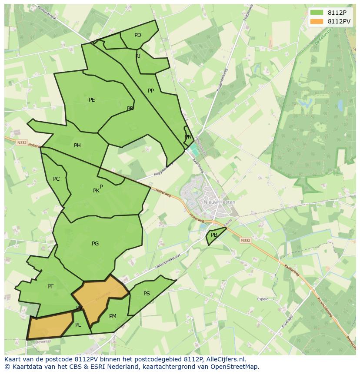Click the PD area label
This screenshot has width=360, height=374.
(138, 35)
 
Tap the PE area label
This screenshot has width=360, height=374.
(92, 100)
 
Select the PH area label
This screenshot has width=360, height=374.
(77, 146)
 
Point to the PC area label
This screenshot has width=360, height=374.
(56, 179)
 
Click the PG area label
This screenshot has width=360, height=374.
(95, 244)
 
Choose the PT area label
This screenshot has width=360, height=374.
(50, 287)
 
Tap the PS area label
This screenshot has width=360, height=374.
(147, 294)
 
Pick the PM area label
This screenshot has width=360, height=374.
(113, 316)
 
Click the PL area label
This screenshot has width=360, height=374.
(78, 325)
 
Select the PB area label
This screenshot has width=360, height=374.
(214, 235)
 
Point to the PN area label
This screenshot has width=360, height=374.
(188, 137)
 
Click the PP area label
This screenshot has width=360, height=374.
(151, 91)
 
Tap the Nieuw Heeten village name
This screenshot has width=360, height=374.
(220, 202)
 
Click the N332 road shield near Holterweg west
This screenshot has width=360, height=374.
(22, 142)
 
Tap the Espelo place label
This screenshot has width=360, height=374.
(263, 299)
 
